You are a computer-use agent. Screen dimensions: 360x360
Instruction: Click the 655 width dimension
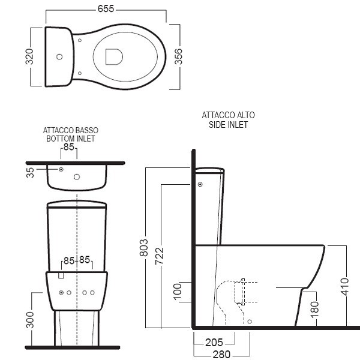click(x=106, y=9)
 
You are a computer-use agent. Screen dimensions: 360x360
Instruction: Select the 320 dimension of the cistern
click(x=29, y=56)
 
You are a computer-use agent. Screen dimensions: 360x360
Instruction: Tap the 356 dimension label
click(x=178, y=56)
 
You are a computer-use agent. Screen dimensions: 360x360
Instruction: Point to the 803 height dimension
click(x=144, y=247)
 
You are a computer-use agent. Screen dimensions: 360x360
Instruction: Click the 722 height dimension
click(x=160, y=256)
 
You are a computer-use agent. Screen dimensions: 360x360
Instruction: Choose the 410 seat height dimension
click(x=345, y=287)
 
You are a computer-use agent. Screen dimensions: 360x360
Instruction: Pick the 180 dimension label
click(x=315, y=310)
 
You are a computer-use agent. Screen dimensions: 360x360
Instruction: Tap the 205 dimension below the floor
click(x=214, y=343)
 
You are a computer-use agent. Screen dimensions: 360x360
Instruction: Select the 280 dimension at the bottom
click(x=221, y=355)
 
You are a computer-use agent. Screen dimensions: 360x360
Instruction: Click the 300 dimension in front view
click(x=30, y=320)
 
